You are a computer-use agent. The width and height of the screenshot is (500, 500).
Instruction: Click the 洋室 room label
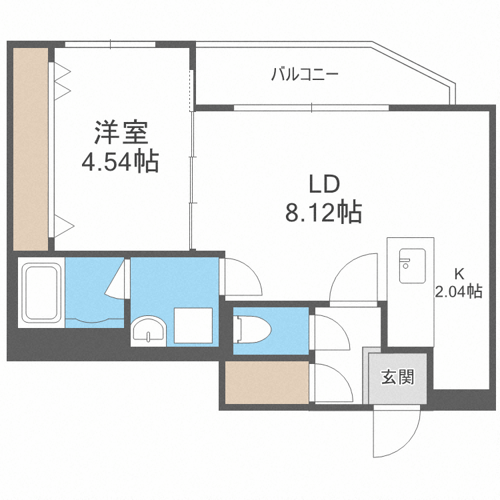120,133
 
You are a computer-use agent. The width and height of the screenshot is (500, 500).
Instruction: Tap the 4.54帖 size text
120,163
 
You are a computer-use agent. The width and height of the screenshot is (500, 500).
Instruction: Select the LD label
324,184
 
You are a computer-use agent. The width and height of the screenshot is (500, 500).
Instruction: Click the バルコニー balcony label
305,74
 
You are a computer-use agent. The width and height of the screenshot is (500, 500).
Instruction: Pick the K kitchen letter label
459,273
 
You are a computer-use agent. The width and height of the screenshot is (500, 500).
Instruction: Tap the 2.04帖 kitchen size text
459,291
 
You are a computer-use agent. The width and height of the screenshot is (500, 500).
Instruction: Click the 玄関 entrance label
398,377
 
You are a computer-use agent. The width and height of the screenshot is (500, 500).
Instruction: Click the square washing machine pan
193,325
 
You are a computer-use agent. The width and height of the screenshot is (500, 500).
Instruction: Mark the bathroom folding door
119,281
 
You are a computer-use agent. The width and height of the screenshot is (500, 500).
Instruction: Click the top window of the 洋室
111,45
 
